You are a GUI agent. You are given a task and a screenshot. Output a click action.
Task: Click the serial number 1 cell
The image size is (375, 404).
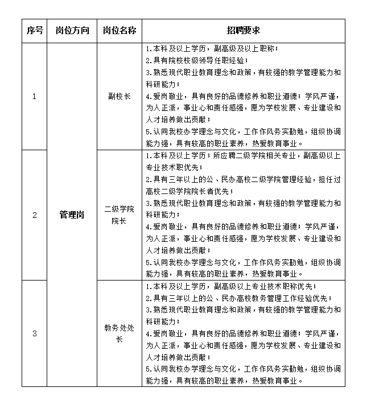(34, 96)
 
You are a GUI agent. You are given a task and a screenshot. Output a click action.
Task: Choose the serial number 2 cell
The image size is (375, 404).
(34, 215)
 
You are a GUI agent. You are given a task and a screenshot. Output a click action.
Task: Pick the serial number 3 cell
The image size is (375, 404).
(34, 333)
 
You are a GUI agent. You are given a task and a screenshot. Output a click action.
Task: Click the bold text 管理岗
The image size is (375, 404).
(72, 215)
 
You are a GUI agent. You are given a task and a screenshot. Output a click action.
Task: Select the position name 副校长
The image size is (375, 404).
(119, 96)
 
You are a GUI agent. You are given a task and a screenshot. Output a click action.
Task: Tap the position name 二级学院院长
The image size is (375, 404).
(119, 215)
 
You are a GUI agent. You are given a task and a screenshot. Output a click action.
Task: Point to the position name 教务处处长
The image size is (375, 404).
(119, 333)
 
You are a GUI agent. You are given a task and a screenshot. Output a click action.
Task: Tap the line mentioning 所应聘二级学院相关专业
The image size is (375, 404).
(243, 155)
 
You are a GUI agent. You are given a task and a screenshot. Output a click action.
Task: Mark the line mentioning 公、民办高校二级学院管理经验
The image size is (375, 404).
(243, 179)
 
